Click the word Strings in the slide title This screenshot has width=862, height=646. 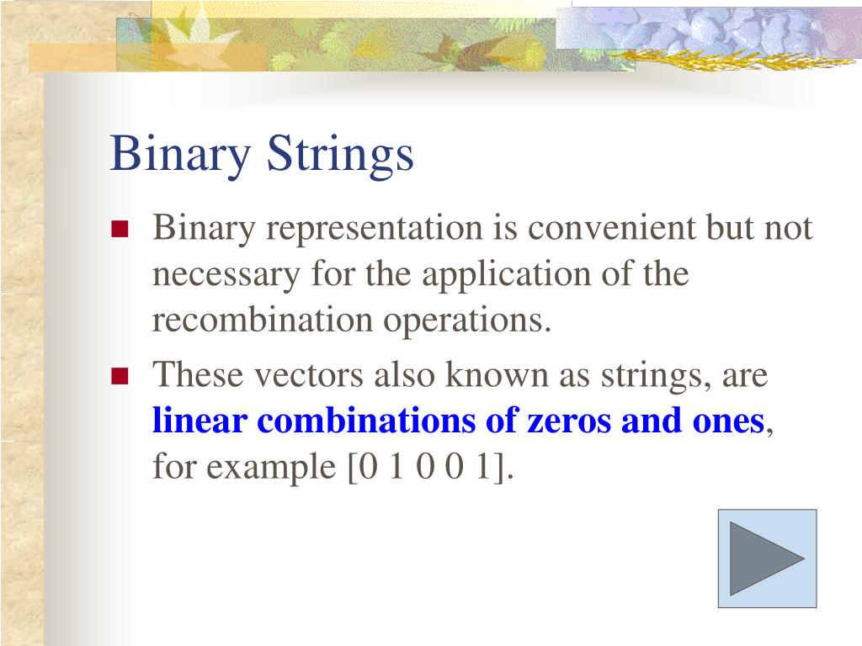tap(341, 155)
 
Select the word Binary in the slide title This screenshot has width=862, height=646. tap(181, 155)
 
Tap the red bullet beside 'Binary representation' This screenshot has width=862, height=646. tap(119, 230)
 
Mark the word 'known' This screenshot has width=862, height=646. tap(498, 375)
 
